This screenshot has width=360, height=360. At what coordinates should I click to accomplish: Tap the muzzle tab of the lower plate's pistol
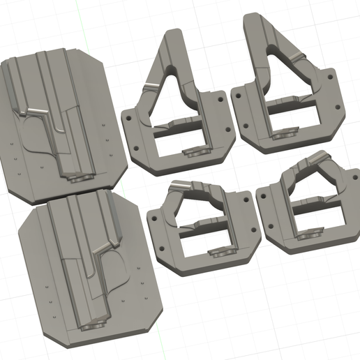(94, 324)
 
